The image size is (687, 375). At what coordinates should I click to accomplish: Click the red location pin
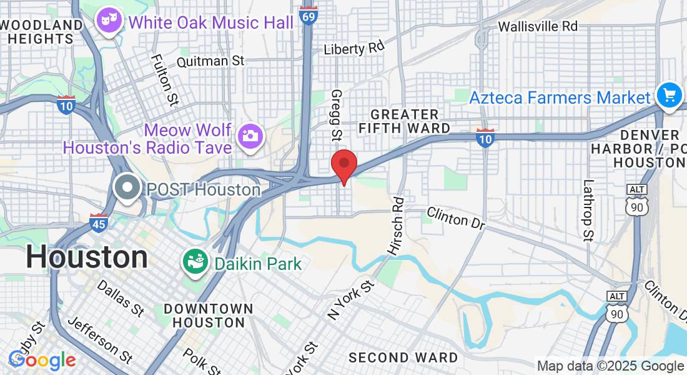[x=343, y=164]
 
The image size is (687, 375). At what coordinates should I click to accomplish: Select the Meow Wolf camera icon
[x=250, y=136]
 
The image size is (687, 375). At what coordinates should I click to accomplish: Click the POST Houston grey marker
[x=128, y=187]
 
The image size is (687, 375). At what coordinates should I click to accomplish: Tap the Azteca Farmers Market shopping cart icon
[x=670, y=96]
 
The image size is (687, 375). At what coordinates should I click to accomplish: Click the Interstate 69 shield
[x=308, y=15]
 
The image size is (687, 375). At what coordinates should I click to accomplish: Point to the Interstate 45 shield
[x=98, y=223]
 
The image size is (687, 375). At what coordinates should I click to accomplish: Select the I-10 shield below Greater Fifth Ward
[x=485, y=138]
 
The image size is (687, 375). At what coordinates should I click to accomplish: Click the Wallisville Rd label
[x=538, y=26]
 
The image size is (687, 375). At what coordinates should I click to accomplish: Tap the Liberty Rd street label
[x=354, y=47]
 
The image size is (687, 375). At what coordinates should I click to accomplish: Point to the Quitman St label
[x=210, y=61]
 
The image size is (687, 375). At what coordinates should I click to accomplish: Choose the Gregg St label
[x=337, y=114]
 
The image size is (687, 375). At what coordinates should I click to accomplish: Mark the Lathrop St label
[x=588, y=211]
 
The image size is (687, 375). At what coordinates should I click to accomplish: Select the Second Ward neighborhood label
[x=403, y=358]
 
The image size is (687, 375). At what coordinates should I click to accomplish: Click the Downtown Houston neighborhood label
[x=208, y=316]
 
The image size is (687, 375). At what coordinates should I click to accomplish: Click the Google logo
[x=42, y=360]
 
